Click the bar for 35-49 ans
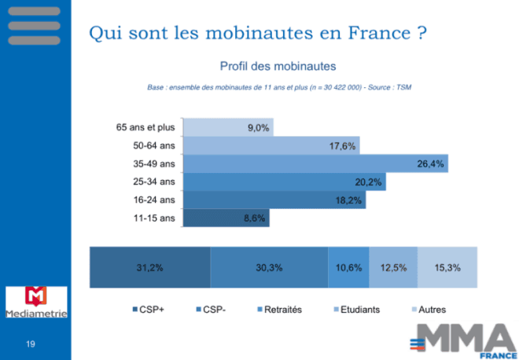315,164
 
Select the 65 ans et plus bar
227,127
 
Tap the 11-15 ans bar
226,219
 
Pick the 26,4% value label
431,164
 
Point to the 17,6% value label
343,146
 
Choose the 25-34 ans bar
284,182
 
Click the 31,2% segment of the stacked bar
149,267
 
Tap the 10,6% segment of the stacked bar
348,267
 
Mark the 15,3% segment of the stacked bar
447,267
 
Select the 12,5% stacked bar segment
392,267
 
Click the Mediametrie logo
36,303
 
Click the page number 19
31,343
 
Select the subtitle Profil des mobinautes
278,65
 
